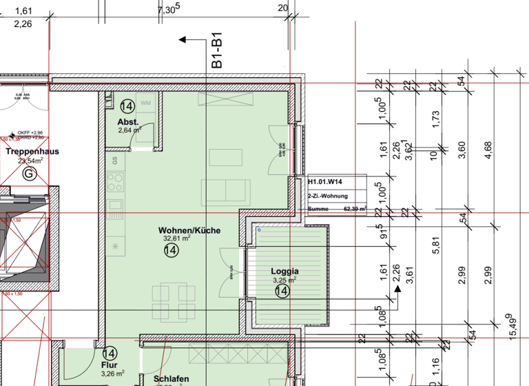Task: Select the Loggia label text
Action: (x=284, y=271)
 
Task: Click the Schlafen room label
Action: (x=171, y=379)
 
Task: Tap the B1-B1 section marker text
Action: (x=216, y=53)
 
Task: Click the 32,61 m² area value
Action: (x=176, y=239)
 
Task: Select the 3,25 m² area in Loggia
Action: (x=284, y=281)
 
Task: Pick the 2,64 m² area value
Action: (x=129, y=130)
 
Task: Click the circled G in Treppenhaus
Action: (x=29, y=174)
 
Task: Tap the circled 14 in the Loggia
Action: (x=281, y=292)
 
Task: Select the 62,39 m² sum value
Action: (x=355, y=207)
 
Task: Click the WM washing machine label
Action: (x=145, y=103)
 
